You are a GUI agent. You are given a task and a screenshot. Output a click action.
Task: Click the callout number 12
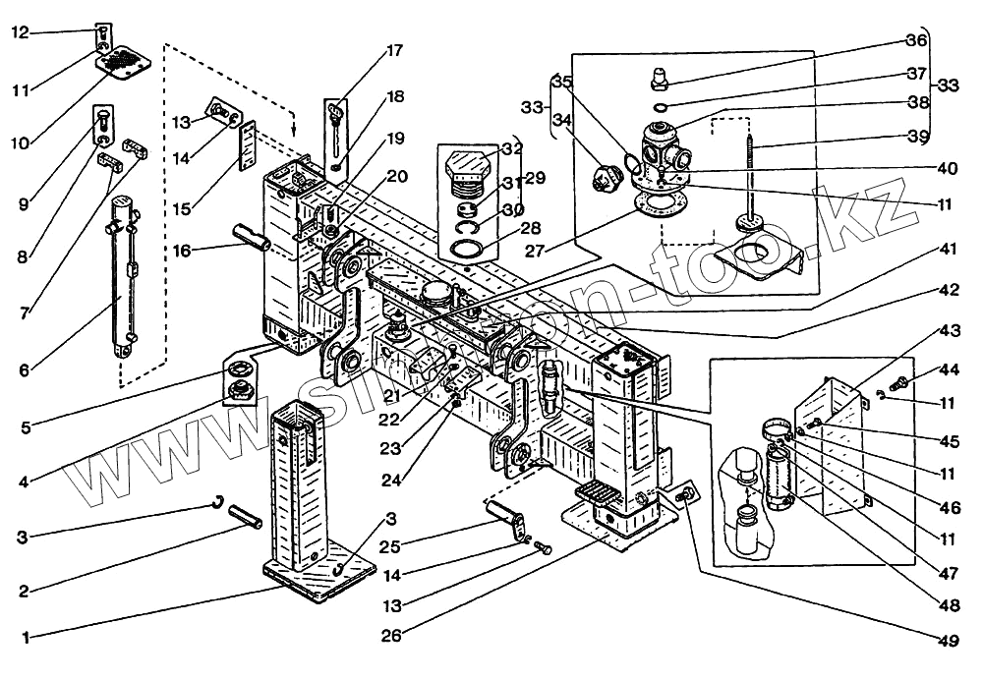[19, 32]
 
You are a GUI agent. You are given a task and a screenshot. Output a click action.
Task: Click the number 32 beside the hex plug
[511, 150]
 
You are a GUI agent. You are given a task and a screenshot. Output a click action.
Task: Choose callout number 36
[916, 40]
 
